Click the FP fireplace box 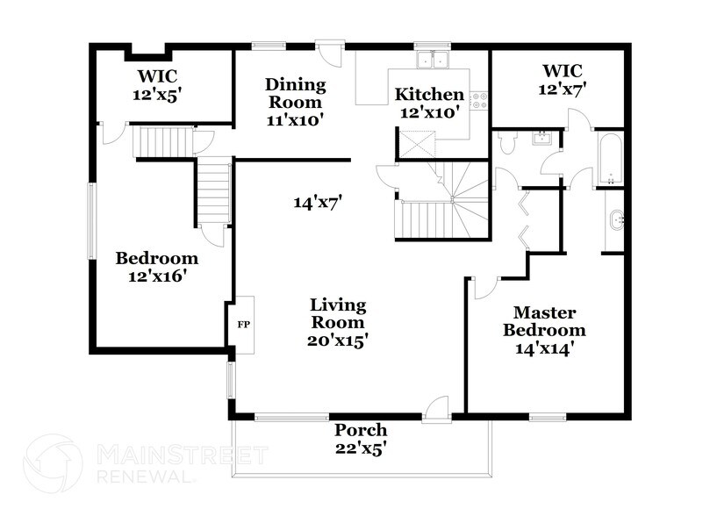(244, 324)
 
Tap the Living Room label (338, 321)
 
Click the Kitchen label (428, 94)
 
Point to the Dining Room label (296, 94)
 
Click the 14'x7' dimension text (318, 203)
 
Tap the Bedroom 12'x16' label (157, 267)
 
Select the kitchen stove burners (479, 100)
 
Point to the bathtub (609, 159)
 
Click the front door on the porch (435, 408)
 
